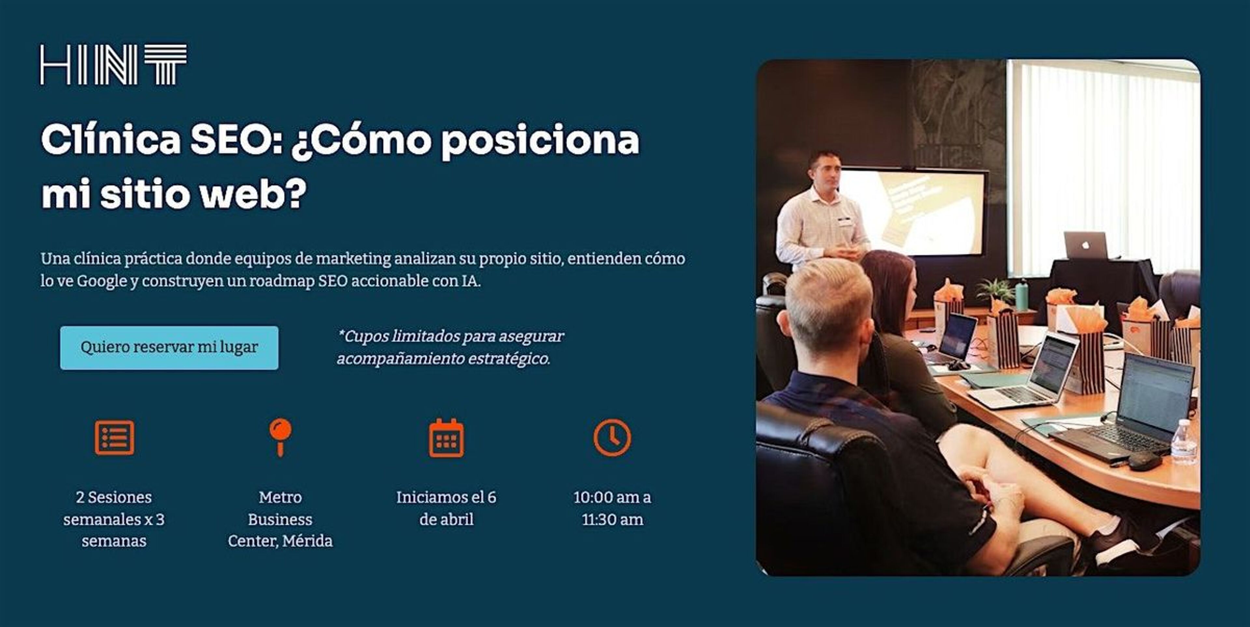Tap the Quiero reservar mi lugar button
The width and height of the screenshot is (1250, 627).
[169, 347]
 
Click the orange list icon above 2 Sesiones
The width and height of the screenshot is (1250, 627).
[115, 438]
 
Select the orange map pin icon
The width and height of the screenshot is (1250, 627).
[281, 437]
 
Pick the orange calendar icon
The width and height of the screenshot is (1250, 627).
[446, 438]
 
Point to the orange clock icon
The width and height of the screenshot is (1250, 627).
[612, 438]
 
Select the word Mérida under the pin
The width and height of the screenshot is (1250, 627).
[307, 541]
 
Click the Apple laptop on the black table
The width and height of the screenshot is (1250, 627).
[1086, 245]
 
